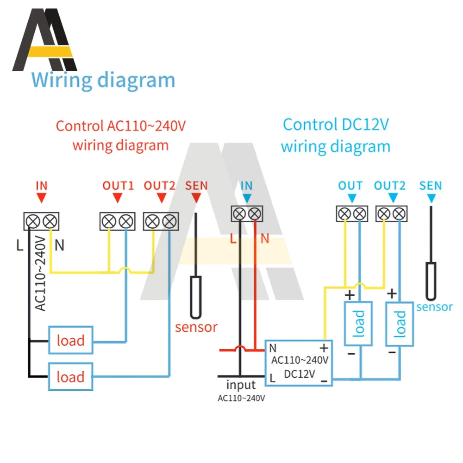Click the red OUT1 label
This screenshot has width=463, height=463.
[x=118, y=186]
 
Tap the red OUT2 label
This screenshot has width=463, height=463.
[x=159, y=186]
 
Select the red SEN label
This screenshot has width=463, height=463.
[x=196, y=186]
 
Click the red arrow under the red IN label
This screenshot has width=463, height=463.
[x=41, y=198]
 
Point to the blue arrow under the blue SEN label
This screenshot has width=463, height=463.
[x=432, y=199]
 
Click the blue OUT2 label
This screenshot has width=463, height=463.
[x=390, y=186]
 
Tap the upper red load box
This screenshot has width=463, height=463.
[x=70, y=340]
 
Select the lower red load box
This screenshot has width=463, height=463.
[x=70, y=377]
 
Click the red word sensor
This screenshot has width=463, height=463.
[x=196, y=327]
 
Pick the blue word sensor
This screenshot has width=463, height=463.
[x=434, y=307]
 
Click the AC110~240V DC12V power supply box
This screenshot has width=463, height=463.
[x=299, y=363]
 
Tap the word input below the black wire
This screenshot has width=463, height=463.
[x=241, y=385]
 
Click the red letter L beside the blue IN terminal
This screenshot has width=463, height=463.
[x=233, y=238]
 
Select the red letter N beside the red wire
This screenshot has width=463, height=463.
[x=265, y=238]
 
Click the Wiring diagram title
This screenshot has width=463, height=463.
[x=103, y=80]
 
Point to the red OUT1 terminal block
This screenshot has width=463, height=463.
[x=118, y=221]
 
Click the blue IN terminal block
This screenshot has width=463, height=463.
[x=247, y=214]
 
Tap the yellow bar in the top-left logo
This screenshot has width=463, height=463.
[x=50, y=52]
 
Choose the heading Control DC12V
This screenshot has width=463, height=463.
[x=336, y=125]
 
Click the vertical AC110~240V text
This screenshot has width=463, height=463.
[x=41, y=273]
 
